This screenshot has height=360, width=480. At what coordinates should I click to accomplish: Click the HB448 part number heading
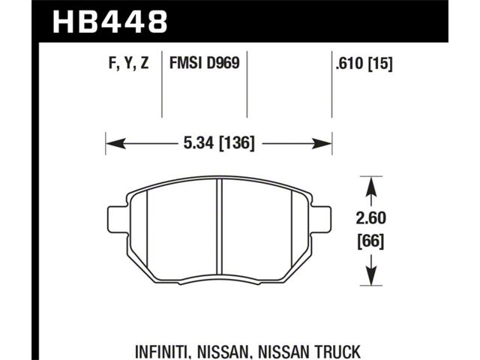pos(110,22)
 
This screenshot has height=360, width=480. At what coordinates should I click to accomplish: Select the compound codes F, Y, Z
pos(129,64)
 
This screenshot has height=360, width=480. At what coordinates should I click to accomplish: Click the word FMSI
pos(186,63)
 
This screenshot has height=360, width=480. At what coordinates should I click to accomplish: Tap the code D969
pos(223,63)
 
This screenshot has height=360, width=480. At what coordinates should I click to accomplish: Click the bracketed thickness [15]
pos(380,64)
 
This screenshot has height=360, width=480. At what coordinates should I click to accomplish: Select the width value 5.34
pos(199,143)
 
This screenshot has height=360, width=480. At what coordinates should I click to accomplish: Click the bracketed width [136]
pos(237,143)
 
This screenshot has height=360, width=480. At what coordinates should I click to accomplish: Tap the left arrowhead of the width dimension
pos(115,143)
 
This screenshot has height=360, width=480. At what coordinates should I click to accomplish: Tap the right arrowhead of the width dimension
pos(322,143)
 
